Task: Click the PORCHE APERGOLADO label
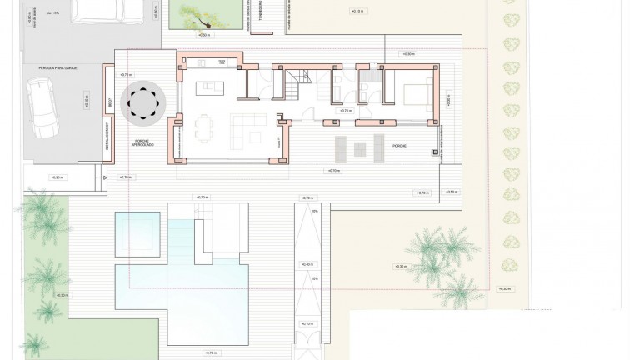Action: (x=142, y=145)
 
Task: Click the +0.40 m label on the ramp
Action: (x=307, y=264)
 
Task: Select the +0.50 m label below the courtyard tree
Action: (x=204, y=36)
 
